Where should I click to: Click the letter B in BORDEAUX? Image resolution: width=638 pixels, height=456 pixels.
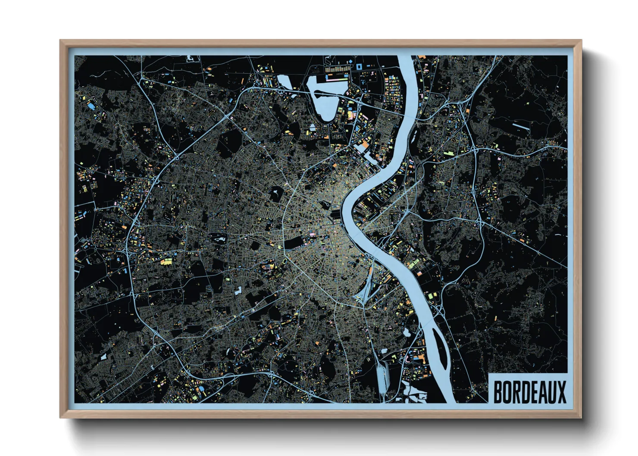(498, 392)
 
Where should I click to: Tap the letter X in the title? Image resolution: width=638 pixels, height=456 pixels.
(561, 392)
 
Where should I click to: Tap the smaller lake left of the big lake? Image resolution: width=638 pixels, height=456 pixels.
(285, 82)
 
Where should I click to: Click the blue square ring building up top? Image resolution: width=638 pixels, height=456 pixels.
(359, 66)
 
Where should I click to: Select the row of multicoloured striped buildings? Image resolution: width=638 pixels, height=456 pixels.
(336, 69)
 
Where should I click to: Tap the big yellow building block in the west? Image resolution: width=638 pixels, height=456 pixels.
(166, 261)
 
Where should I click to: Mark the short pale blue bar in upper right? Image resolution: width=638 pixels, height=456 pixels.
(521, 127)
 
